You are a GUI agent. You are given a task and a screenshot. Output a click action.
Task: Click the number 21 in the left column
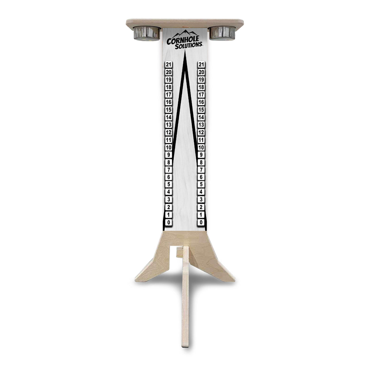click(169, 64)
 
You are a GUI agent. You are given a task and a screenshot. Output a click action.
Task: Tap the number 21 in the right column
click(201, 64)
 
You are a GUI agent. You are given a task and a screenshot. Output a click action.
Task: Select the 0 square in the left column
click(169, 222)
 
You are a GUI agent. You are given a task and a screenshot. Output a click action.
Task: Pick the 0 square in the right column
click(201, 222)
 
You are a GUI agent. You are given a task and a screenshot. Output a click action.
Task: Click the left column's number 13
click(169, 125)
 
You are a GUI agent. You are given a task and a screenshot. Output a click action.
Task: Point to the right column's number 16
click(201, 102)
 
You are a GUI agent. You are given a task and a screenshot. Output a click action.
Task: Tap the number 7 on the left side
click(169, 170)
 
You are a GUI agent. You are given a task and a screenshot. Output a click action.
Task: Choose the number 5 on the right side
click(201, 185)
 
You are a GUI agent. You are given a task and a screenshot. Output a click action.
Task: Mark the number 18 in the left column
click(169, 87)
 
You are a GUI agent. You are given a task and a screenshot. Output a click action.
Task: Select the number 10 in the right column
click(201, 147)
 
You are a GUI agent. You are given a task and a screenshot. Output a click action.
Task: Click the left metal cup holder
click(147, 33)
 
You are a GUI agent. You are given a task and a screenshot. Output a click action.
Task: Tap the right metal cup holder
click(222, 33)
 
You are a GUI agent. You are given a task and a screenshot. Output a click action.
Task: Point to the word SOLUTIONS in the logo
click(189, 46)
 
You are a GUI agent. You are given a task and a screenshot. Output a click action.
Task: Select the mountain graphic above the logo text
click(185, 34)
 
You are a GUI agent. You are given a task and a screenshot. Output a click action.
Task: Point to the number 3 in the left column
click(169, 200)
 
